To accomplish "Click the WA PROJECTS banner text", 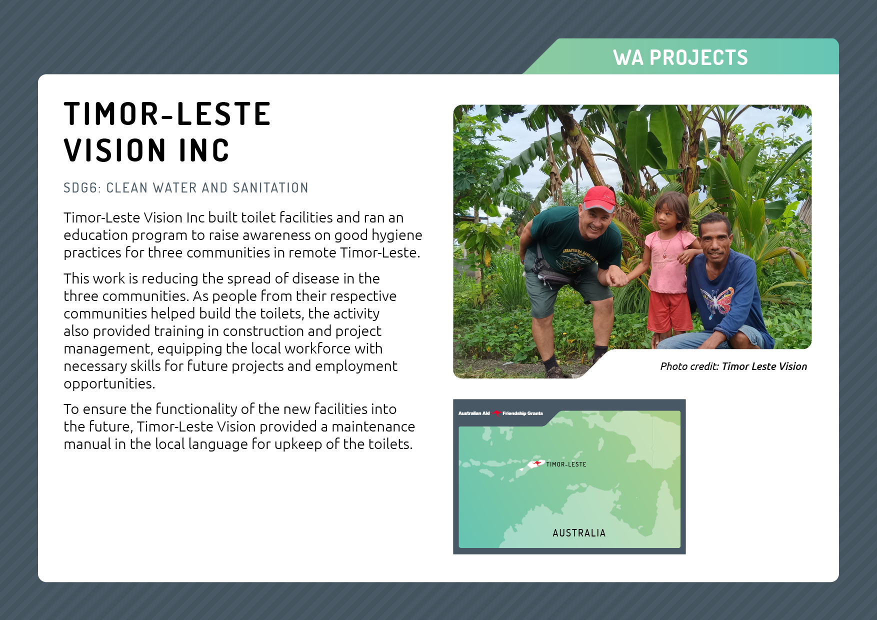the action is tap(680, 57).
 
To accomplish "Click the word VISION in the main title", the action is tap(115, 150).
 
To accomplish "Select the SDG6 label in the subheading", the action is tap(82, 188).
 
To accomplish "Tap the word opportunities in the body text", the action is tap(109, 384).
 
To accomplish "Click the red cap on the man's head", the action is tap(599, 198).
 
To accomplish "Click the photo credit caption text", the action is tap(733, 366).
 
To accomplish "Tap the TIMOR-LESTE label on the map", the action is tap(566, 464).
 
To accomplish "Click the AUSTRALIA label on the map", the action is tap(579, 533).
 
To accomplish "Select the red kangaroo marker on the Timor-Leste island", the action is tap(536, 463).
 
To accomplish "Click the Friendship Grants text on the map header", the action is tap(522, 413).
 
